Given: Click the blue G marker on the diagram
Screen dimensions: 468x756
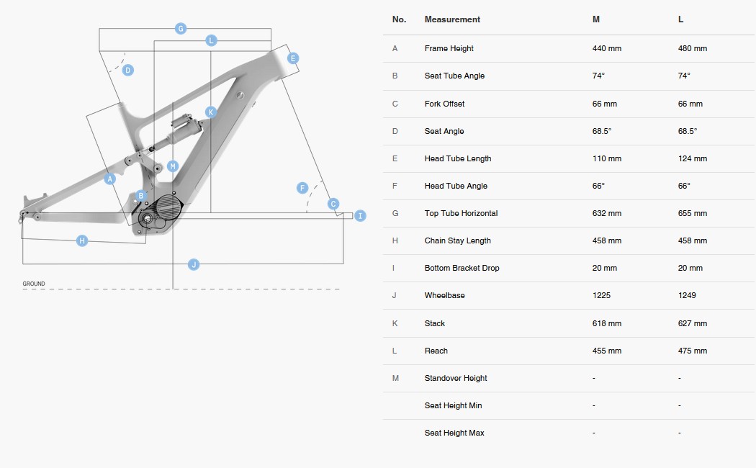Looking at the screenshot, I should coord(181,29).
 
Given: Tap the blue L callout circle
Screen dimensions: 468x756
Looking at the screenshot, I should coord(211,40).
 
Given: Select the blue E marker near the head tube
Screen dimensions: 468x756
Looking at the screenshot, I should coord(292,58).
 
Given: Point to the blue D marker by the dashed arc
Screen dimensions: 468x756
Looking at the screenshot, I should coord(127,70).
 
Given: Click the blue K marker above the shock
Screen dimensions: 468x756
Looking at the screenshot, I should coord(211,112).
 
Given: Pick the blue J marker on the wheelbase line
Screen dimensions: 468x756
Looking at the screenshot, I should coord(193,265).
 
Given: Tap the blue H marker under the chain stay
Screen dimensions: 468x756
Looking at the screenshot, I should coord(82,240).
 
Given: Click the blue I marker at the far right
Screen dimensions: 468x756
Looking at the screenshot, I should coord(360,215).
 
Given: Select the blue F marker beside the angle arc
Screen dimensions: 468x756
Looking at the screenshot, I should coord(302,188).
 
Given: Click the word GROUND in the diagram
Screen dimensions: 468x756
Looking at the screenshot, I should coord(34,284).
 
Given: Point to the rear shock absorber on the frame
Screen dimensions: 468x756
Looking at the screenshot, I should coord(181,127).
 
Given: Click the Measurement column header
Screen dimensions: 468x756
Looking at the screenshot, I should coord(452,19).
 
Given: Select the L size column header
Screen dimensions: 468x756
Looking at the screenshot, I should coord(680,19).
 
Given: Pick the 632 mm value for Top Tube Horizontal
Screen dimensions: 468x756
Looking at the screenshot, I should coord(606,213).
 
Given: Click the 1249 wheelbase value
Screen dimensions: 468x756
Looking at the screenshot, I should coord(687,295).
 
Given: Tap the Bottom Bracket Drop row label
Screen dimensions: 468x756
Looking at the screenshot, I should coord(462,268).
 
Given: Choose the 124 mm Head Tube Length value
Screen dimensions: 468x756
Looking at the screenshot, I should coord(692,158).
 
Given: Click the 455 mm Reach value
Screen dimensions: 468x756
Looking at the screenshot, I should coord(606,351).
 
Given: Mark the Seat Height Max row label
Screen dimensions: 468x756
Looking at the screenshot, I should coord(454,433).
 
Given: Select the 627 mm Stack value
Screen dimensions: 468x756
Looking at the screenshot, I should coord(692,323).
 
